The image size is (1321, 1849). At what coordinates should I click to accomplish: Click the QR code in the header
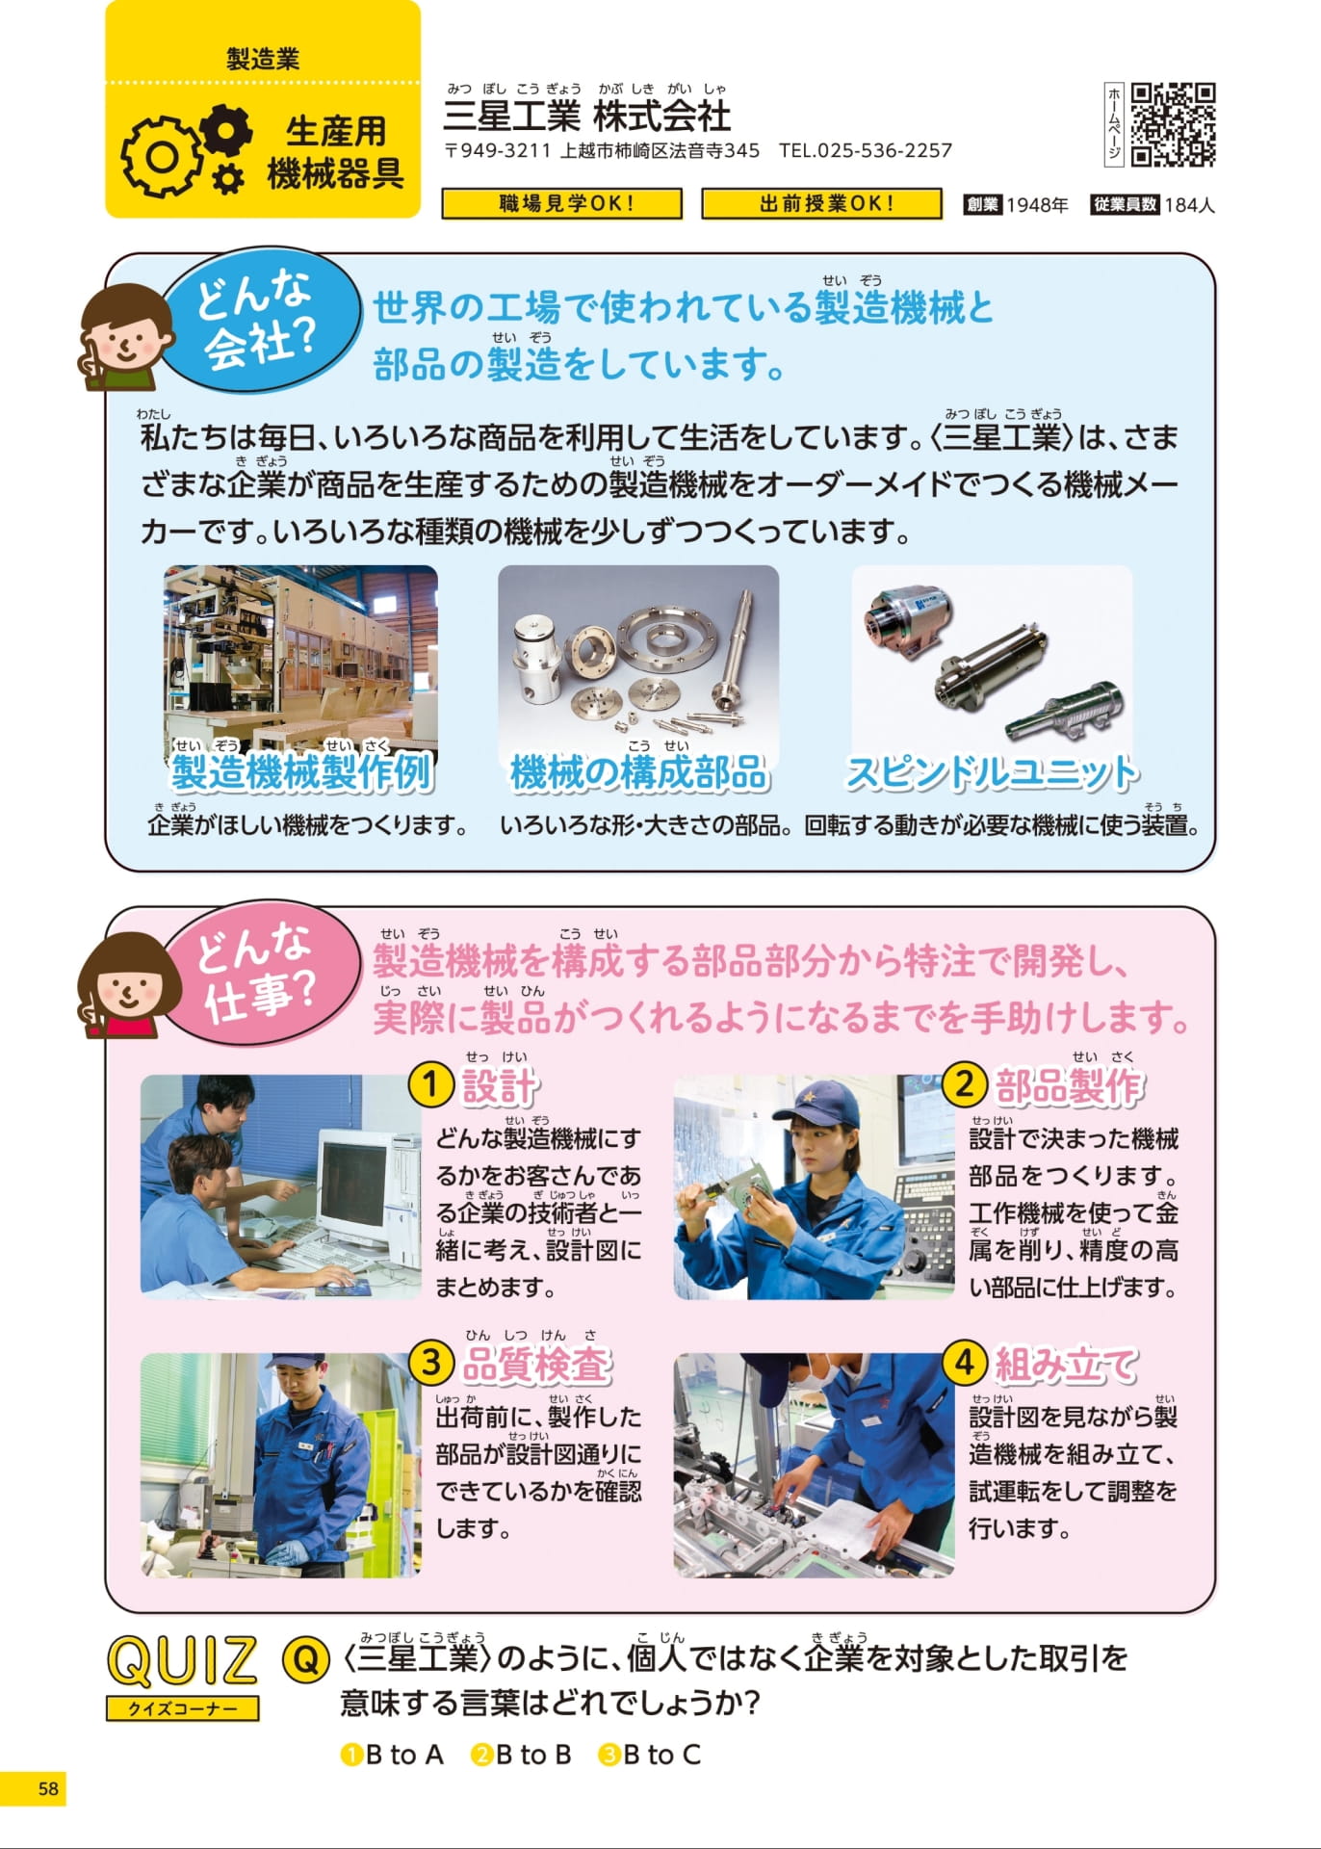pos(1173,125)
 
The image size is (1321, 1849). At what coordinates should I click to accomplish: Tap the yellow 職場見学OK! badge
pos(562,203)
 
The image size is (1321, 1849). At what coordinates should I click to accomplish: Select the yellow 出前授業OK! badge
pos(821,203)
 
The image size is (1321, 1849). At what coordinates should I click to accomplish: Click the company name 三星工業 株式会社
pos(586,117)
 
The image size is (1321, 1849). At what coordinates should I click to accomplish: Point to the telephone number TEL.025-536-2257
pos(866,150)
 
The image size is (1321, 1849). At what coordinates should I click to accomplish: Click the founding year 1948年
pos(1037,204)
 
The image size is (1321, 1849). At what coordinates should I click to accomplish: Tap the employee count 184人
pos(1189,204)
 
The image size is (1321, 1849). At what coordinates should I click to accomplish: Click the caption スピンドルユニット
pos(991,773)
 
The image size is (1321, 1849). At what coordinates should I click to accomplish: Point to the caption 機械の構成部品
pos(638,773)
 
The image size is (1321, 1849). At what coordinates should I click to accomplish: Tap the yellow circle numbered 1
pos(430,1085)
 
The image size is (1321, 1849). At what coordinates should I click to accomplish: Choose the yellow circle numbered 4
pos(964,1363)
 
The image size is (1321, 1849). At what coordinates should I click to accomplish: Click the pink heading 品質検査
pos(536,1365)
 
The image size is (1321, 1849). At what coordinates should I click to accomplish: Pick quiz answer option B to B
pos(521,1755)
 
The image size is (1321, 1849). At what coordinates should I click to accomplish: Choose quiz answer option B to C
pos(650,1755)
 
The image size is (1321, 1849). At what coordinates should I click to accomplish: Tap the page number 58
pos(48,1788)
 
